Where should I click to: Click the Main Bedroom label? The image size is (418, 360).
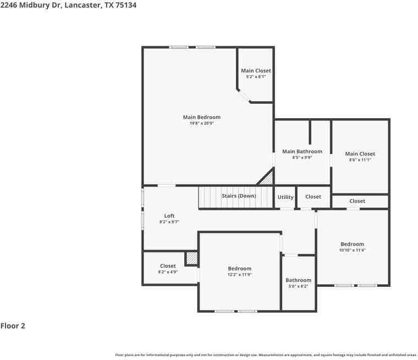click(x=201, y=117)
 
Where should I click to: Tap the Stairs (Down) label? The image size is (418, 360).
click(x=239, y=196)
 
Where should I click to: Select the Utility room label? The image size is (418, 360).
click(x=285, y=197)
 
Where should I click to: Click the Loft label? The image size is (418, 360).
click(x=169, y=216)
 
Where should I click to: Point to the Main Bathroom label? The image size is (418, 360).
click(x=302, y=152)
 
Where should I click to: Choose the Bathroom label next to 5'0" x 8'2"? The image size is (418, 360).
click(x=298, y=280)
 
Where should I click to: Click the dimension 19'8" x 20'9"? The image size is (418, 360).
click(x=201, y=123)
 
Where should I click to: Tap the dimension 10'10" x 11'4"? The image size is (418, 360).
click(x=352, y=250)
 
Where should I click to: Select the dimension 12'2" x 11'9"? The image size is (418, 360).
click(x=239, y=275)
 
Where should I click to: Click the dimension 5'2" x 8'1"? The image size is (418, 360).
click(x=256, y=76)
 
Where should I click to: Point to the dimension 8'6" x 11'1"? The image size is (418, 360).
click(x=360, y=160)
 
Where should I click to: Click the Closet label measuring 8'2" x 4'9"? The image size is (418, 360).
click(x=168, y=266)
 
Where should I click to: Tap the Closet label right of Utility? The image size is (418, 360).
click(x=313, y=197)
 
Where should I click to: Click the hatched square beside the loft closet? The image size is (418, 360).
click(x=191, y=258)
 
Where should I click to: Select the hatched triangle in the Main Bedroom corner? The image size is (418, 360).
click(x=267, y=178)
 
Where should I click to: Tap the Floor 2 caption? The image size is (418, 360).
click(x=13, y=326)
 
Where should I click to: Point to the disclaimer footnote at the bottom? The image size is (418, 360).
click(x=264, y=355)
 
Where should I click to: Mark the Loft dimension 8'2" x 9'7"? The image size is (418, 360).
click(x=169, y=222)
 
